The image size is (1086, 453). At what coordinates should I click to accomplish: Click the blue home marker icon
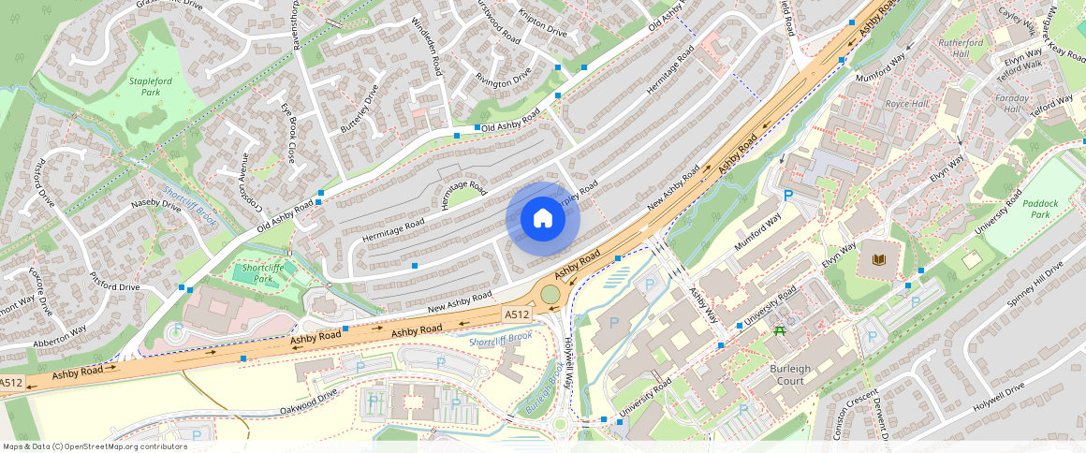[543, 219]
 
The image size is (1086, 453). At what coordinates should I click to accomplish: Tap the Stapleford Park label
[151, 87]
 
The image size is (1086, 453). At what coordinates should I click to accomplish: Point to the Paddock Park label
[1044, 208]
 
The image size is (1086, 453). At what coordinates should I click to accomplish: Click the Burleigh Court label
[790, 374]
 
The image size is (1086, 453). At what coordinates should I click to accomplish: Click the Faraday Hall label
[1011, 103]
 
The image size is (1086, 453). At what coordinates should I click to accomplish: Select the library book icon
[878, 259]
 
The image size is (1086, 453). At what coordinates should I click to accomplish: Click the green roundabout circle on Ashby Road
[550, 295]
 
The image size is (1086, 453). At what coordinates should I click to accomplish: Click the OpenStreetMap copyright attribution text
[95, 446]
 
